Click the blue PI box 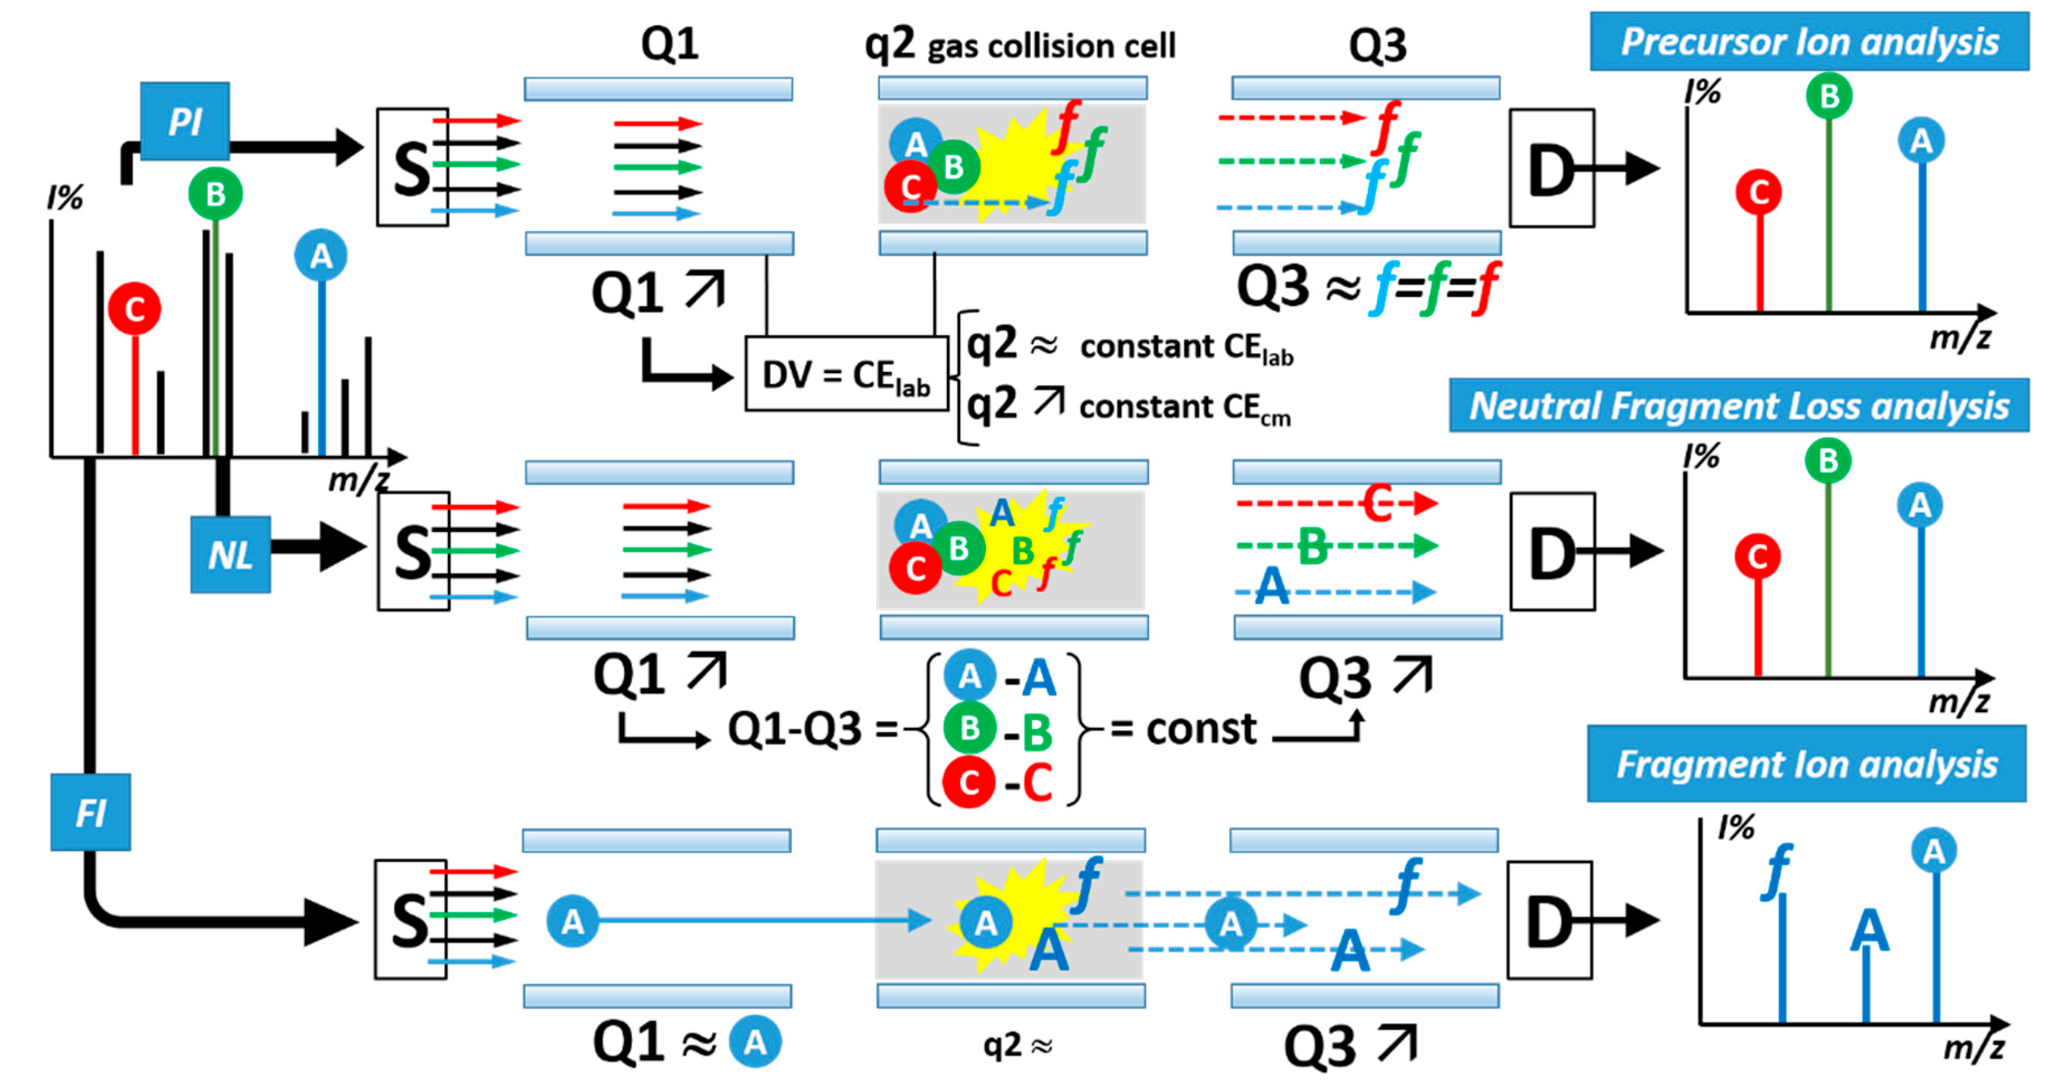(x=185, y=121)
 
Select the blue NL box (x=231, y=554)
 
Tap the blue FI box (x=90, y=812)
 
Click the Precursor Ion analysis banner (x=1809, y=41)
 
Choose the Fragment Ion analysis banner (x=1806, y=764)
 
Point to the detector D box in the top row (x=1551, y=168)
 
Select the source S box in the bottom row (x=410, y=919)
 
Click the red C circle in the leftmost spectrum (x=134, y=308)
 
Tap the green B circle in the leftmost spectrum (x=215, y=194)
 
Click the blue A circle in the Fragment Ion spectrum (x=1934, y=851)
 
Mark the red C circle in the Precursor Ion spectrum (x=1758, y=192)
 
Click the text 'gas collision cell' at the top (x=1051, y=46)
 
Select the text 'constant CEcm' (x=1184, y=408)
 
